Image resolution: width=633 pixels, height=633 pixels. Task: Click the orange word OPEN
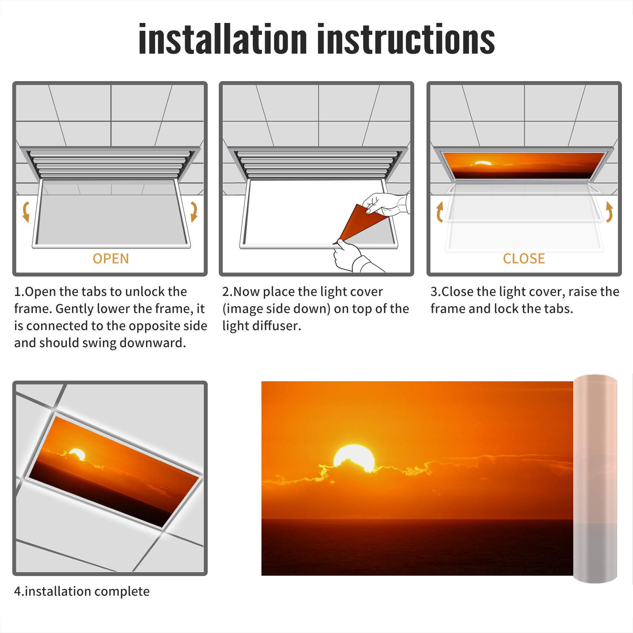111,259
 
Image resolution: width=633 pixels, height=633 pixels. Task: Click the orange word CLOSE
524,259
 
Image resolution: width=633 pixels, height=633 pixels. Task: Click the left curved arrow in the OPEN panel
26,212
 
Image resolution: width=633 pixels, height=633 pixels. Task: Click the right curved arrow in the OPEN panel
194,212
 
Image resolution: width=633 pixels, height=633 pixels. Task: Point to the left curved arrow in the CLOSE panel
440,212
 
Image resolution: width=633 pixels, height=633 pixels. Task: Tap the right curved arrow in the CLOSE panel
609,212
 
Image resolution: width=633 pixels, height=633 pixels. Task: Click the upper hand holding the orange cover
386,204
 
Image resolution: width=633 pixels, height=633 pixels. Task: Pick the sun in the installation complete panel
77,454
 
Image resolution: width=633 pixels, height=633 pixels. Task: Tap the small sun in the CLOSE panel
483,163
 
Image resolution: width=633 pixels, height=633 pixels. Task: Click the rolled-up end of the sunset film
595,479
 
